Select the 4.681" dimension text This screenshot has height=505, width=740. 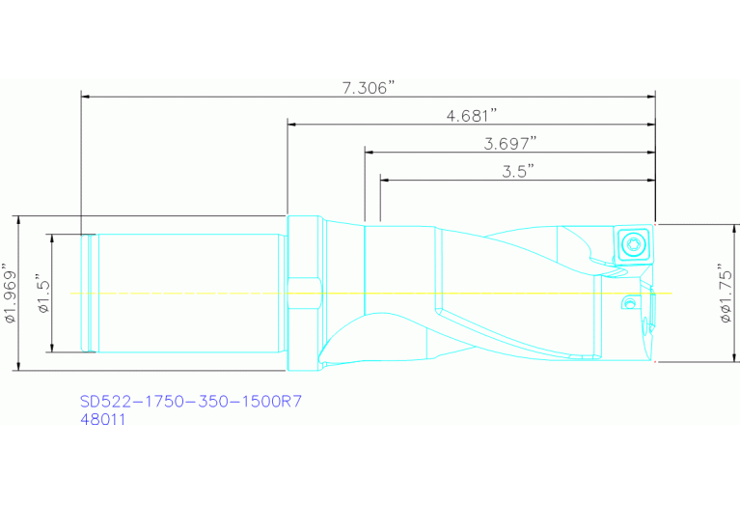point(471,115)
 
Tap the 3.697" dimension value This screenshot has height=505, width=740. point(509,143)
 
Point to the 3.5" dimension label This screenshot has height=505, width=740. point(518,170)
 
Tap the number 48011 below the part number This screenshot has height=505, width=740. point(102,420)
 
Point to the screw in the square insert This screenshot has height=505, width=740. point(634,241)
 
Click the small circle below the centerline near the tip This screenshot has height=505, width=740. point(629,304)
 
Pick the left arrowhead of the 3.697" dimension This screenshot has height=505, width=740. point(368,151)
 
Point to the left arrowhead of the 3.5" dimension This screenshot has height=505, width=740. point(384,179)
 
